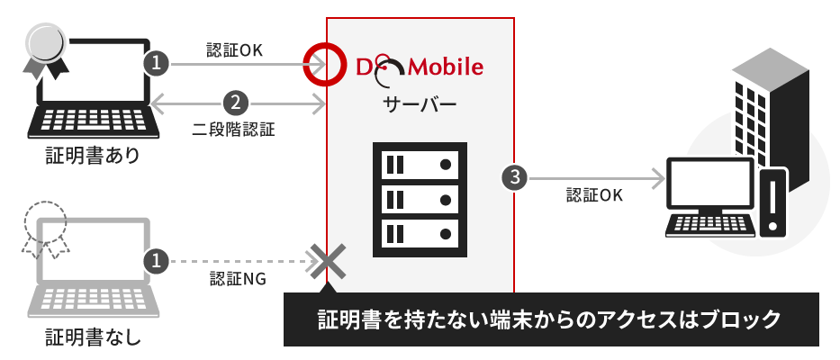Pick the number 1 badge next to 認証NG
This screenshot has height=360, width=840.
point(157,261)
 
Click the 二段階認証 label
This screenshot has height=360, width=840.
point(235,128)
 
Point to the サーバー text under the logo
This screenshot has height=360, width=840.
point(420,103)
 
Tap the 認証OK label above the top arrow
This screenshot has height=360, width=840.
point(235,49)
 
